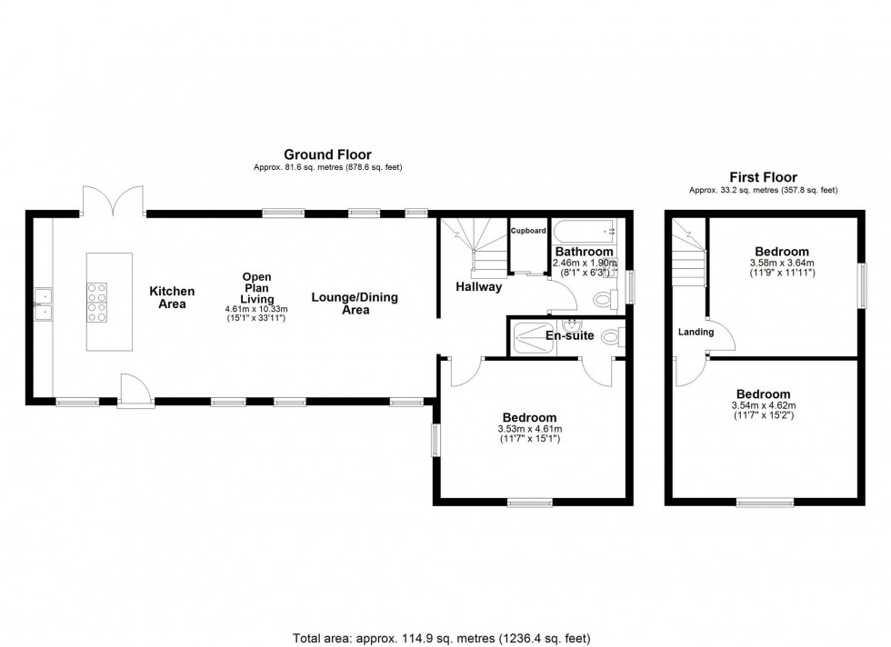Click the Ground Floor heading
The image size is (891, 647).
[327, 154]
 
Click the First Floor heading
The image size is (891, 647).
[763, 177]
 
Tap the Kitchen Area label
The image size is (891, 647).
[172, 297]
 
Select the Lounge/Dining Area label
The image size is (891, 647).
[355, 304]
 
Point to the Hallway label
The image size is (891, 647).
[479, 287]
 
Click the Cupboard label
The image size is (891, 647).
[528, 231]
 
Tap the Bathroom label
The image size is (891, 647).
[584, 251]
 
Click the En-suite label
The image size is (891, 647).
[570, 335]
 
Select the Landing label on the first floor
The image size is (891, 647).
[696, 332]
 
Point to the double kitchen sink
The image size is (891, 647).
[43, 304]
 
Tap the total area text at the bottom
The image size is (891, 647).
[445, 636]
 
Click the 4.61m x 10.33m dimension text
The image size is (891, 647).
[256, 310]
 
